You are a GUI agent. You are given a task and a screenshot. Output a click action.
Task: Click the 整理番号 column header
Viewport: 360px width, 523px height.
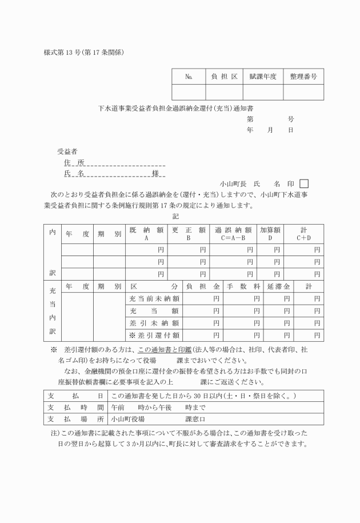303,76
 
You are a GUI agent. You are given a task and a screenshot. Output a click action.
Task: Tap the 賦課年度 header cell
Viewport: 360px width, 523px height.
263,76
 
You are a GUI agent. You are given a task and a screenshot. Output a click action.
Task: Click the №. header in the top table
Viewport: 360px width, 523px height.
189,76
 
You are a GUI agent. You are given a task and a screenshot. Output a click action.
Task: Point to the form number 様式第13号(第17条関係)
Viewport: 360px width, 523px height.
84,53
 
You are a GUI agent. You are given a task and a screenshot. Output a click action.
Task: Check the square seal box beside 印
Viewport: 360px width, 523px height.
304,183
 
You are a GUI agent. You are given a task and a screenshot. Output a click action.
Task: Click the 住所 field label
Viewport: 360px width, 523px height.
74,162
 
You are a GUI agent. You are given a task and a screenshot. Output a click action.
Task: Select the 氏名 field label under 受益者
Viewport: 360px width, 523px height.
74,173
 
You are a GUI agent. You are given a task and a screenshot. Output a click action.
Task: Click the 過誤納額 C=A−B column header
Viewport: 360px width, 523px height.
233,233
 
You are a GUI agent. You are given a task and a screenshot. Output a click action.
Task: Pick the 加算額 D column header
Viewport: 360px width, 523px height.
270,233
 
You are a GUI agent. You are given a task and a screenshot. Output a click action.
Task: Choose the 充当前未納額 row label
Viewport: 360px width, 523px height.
154,298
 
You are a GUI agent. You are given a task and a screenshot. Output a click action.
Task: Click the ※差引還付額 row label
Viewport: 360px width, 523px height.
154,335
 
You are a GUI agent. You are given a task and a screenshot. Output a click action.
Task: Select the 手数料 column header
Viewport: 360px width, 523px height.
244,286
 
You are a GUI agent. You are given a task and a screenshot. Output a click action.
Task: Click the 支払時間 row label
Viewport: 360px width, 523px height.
75,408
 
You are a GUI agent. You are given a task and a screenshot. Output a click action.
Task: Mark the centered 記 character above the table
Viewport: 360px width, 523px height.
176,217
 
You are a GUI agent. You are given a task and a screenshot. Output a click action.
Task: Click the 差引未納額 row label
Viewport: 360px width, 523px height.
154,323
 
